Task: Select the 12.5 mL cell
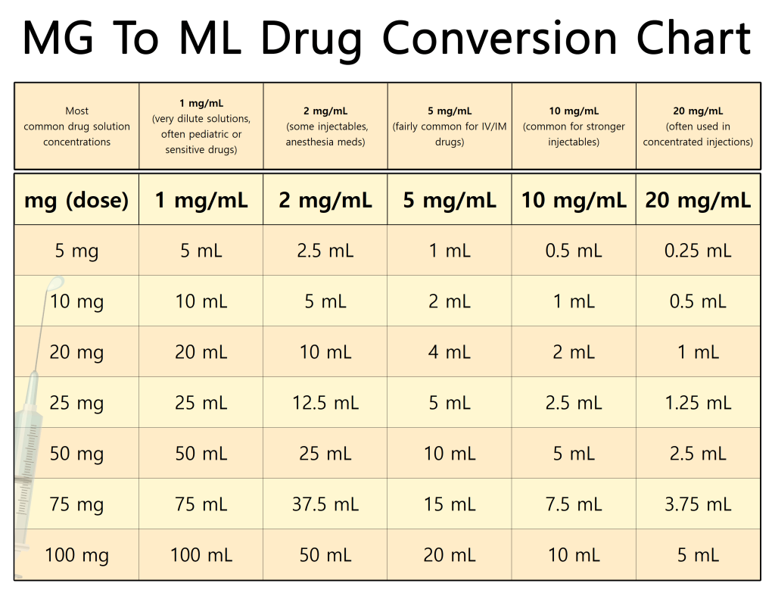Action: point(325,403)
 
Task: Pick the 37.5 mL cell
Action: point(325,504)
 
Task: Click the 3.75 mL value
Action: point(698,504)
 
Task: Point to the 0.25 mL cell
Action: point(698,251)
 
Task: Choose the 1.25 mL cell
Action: point(698,403)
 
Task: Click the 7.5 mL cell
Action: point(574,504)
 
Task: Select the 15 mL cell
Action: point(450,504)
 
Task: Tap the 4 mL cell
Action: point(450,352)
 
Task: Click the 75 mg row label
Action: point(76,504)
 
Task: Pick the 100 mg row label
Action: point(76,555)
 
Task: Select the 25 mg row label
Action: point(76,403)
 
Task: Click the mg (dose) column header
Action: point(76,201)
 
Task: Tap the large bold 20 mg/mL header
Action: point(698,201)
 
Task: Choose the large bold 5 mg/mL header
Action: point(450,201)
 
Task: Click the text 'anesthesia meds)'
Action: point(325,142)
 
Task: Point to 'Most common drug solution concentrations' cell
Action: point(76,126)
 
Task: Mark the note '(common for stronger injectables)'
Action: point(574,134)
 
